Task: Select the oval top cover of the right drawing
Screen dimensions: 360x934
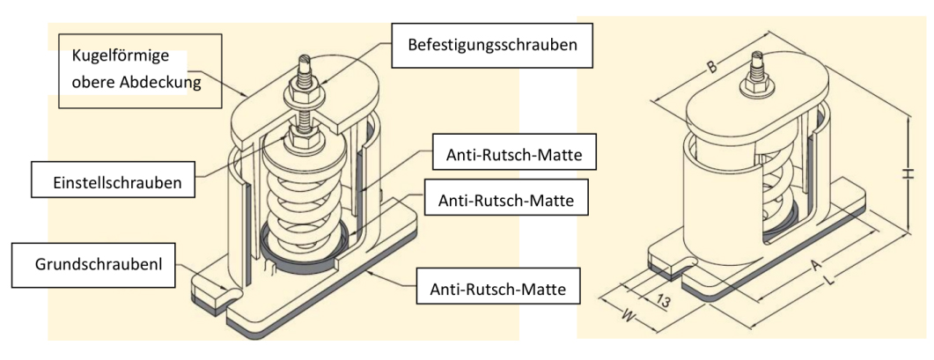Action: tap(757, 110)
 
